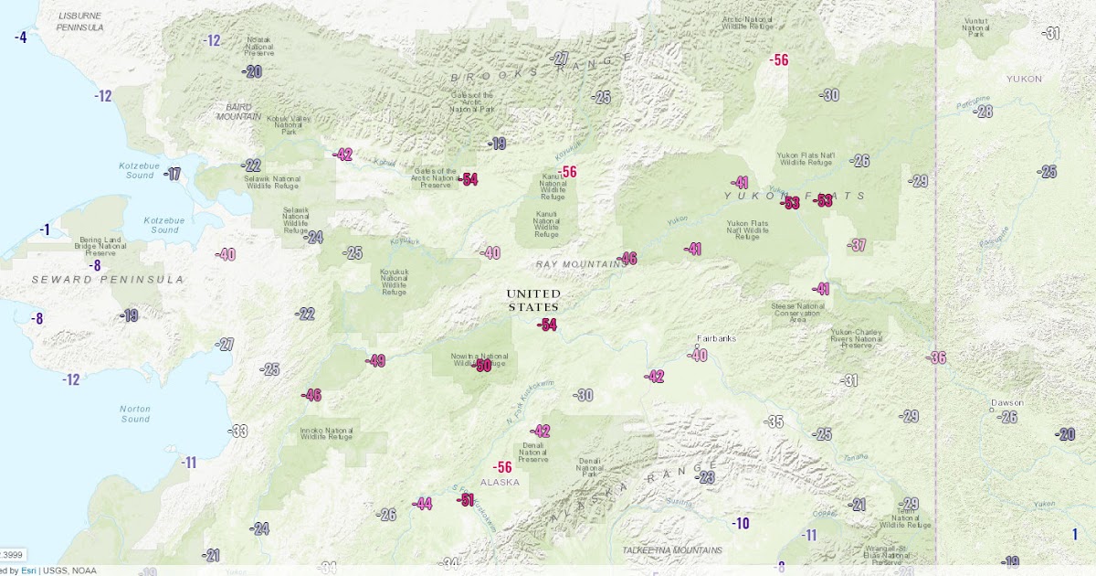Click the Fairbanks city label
point(715,338)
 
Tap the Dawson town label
point(1007,402)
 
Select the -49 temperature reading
point(375,361)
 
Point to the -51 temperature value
point(466,499)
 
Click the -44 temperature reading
point(422,503)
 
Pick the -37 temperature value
point(857,245)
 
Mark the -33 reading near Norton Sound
point(238,431)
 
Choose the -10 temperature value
point(740,524)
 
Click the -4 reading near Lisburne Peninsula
point(20,37)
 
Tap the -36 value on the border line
point(936,357)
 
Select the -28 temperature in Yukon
point(983,112)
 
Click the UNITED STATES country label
point(533,300)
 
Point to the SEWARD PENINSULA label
point(107,279)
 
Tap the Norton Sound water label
point(135,413)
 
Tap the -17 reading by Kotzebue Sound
point(173,174)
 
